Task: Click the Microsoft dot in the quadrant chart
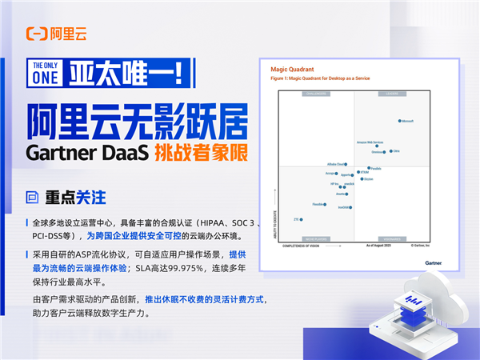399,122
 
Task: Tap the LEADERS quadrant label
392,94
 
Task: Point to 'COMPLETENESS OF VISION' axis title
300,246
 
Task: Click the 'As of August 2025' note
379,246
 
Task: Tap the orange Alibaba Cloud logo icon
36,34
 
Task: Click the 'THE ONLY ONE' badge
45,72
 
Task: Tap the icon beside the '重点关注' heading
34,196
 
